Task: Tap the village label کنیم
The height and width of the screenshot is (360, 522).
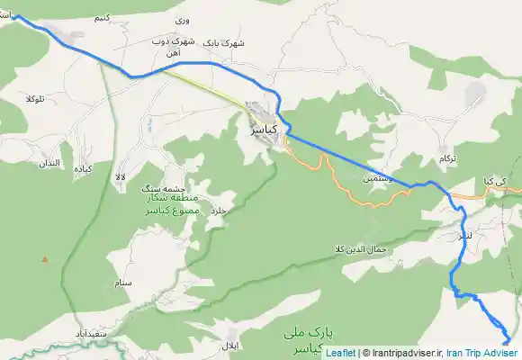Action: (x=103, y=18)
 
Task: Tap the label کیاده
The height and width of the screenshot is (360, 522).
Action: (x=84, y=169)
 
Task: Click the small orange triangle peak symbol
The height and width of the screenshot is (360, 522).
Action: (x=43, y=260)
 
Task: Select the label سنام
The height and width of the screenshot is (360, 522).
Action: (x=124, y=283)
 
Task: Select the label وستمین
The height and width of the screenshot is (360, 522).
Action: (x=378, y=179)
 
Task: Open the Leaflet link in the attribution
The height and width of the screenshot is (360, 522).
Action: (x=340, y=353)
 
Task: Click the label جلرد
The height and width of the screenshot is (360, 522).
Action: (x=220, y=211)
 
